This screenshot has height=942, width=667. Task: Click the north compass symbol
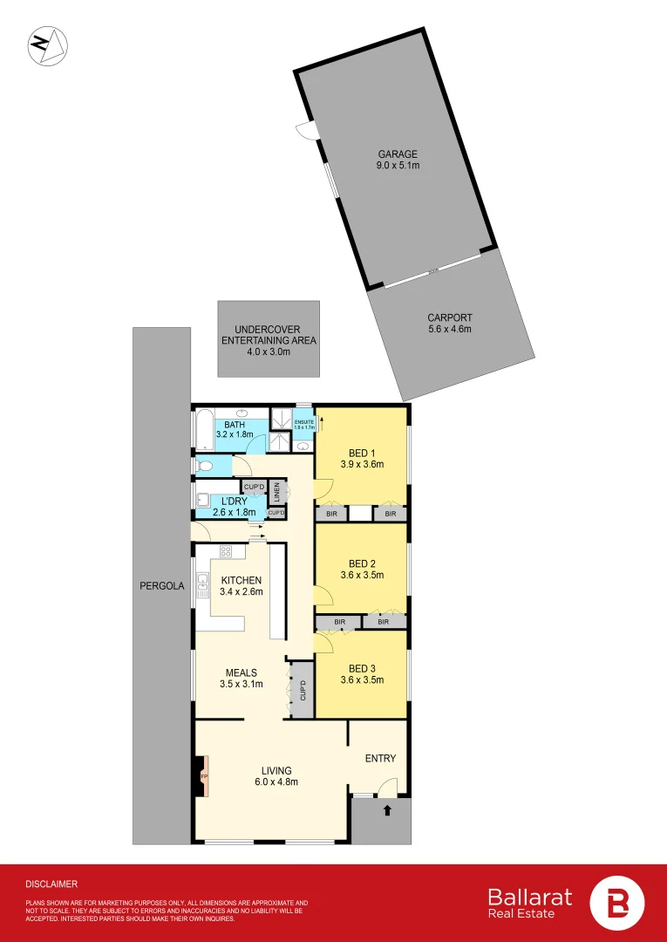pos(49,45)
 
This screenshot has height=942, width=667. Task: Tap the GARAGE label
pos(397,154)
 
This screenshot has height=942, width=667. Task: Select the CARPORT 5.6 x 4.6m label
pos(449,324)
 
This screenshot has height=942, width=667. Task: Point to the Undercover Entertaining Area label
pos(268,339)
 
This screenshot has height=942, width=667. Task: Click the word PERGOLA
pos(162,586)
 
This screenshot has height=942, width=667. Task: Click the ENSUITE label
pos(303,422)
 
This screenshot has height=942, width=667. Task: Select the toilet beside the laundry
pos(204,467)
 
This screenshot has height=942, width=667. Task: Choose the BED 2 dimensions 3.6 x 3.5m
pos(363,575)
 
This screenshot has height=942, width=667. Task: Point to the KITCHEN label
pos(242,580)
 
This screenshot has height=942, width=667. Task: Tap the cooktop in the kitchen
pos(226,551)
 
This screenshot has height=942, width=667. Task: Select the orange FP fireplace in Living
pos(204,776)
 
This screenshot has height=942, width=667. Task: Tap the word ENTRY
pos(380,758)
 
